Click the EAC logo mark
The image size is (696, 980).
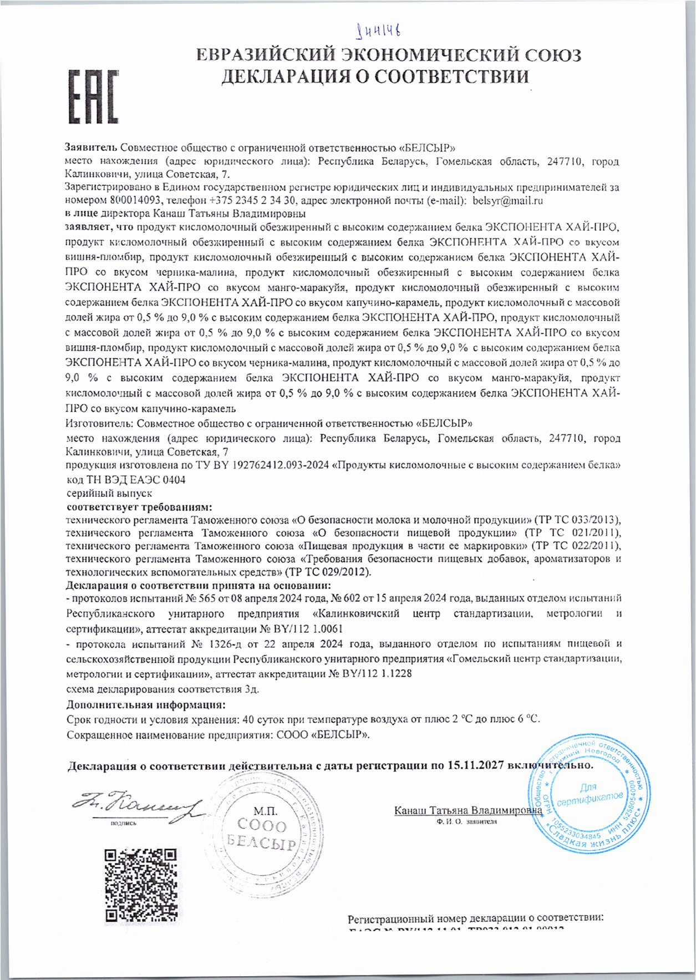click(93, 97)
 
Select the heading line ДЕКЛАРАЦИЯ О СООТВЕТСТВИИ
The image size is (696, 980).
click(375, 77)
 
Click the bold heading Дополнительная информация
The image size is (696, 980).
click(146, 705)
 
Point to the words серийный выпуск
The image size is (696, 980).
click(109, 493)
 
